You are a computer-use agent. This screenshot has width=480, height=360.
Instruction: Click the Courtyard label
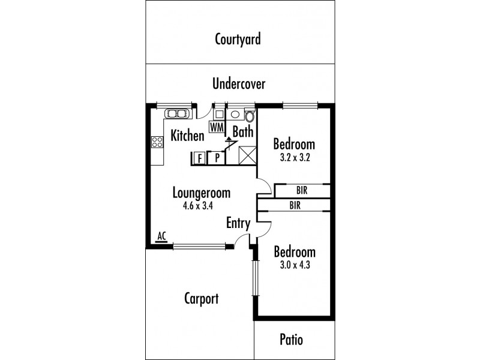pos(238,40)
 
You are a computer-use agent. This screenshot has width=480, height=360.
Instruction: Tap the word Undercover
pos(238,84)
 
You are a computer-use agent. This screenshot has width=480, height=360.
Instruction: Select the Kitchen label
pos(187,136)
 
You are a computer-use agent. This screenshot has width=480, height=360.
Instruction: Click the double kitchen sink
pos(176,112)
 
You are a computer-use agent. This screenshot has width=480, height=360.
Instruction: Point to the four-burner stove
pos(157,142)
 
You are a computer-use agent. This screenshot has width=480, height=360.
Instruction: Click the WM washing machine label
pos(217,127)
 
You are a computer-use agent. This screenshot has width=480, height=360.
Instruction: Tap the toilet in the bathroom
pos(249,115)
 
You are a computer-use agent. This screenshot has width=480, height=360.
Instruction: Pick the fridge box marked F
pos(199,158)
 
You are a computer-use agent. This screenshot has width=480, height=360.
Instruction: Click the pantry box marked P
pos(216,158)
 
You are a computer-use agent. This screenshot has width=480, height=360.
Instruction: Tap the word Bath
pos(243,132)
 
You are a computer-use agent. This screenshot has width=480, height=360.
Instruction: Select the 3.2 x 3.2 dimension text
pos(294,158)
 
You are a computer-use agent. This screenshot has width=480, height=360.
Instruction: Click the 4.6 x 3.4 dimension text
pos(202,206)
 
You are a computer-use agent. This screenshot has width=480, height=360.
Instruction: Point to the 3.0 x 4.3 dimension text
pos(294,264)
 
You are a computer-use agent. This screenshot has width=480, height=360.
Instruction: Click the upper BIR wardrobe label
pos(302,191)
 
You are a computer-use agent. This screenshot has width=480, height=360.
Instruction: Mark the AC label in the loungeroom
pos(161,236)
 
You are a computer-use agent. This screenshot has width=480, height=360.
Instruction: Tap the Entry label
pos(238,223)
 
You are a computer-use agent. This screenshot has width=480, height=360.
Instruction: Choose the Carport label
pos(201,299)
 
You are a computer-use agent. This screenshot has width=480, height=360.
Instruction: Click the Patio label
pos(292,340)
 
